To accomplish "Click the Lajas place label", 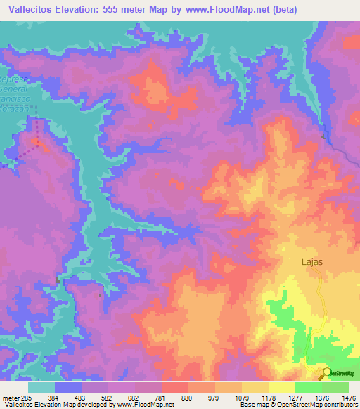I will (x=312, y=261).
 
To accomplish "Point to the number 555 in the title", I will (x=126, y=9).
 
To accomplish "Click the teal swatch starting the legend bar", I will (x=42, y=387).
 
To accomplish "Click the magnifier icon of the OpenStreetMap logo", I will (x=326, y=372).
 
